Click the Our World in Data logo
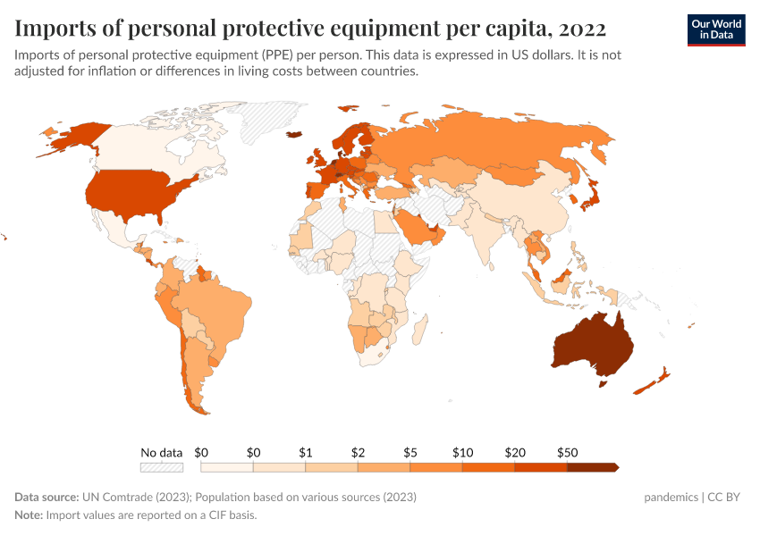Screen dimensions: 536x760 (x=715, y=29)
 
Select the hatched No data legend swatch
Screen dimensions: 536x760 (x=161, y=467)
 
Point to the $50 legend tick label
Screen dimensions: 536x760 (x=567, y=453)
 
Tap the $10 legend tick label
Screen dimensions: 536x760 (x=462, y=453)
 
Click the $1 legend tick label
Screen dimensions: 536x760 (x=305, y=453)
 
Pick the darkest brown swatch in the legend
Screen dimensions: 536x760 (x=592, y=467)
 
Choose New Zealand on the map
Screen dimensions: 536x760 (x=650, y=381)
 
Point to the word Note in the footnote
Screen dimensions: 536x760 (x=29, y=515)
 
